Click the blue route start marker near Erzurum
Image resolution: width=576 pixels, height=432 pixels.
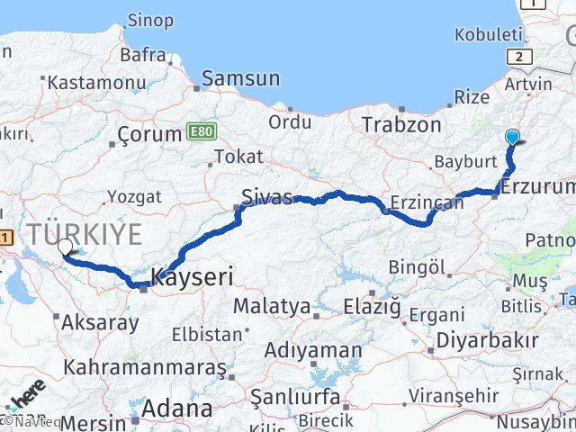tap(512, 138)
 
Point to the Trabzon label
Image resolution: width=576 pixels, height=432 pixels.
tap(401, 125)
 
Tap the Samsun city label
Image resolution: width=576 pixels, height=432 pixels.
tap(240, 79)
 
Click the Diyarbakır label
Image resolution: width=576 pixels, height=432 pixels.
tap(487, 340)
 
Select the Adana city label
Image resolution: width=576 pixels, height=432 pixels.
tap(182, 409)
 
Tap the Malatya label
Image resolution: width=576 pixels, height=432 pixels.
tap(271, 306)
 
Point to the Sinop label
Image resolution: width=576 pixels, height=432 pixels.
tap(150, 20)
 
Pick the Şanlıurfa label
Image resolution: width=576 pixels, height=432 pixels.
tap(294, 397)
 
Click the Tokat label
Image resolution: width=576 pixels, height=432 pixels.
tap(238, 157)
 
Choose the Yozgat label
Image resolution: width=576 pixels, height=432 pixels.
tap(134, 196)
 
